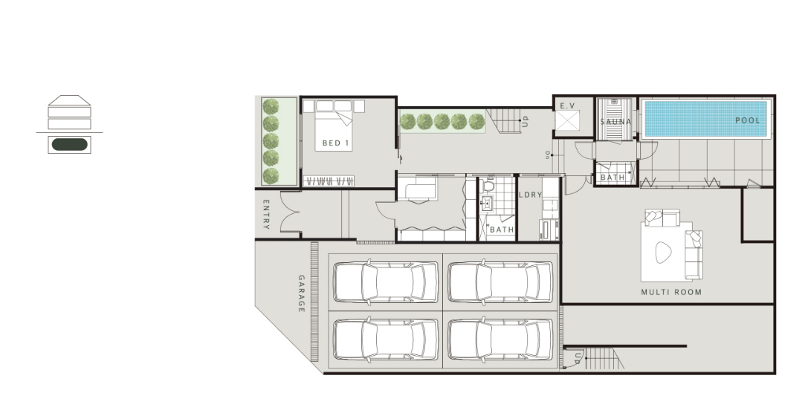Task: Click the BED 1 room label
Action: [335, 143]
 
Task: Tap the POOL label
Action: [747, 120]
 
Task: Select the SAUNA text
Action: [615, 122]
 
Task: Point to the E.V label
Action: [567, 106]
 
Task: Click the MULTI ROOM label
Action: [671, 292]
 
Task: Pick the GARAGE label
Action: [302, 293]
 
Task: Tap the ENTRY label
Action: [266, 214]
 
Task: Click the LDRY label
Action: [530, 195]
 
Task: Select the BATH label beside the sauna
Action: [613, 177]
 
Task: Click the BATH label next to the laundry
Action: [502, 230]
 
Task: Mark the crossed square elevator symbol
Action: [567, 121]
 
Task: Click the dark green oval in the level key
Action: [70, 145]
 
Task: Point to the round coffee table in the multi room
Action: [663, 253]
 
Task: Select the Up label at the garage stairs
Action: [578, 358]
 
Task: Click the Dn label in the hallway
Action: [547, 155]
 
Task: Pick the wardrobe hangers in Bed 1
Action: [329, 181]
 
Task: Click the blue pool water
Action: [705, 118]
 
